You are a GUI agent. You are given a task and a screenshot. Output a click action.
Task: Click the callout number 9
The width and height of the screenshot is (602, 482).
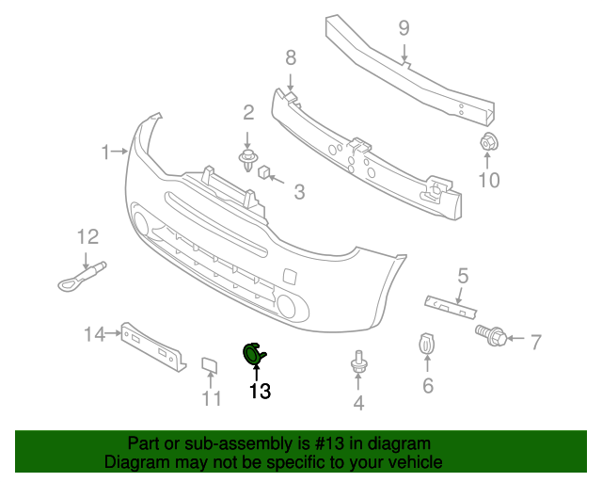click(404, 28)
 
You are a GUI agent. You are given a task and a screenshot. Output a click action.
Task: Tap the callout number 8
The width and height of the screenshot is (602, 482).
click(291, 57)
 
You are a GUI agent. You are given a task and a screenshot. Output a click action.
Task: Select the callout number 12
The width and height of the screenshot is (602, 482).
click(87, 236)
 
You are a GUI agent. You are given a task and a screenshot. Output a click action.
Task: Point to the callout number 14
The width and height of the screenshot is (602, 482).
click(93, 333)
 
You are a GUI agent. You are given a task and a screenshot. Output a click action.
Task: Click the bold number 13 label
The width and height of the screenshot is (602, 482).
click(260, 391)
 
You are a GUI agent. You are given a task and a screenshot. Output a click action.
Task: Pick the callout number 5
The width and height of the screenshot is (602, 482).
click(463, 275)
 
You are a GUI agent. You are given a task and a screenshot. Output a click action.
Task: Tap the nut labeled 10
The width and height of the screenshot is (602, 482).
click(488, 144)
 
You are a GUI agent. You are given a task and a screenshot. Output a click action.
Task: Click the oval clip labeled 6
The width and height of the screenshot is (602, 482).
click(426, 345)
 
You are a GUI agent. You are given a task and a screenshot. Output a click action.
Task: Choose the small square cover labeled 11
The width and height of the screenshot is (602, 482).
click(210, 364)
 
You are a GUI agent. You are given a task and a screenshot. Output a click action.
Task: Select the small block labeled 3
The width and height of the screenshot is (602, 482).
click(264, 171)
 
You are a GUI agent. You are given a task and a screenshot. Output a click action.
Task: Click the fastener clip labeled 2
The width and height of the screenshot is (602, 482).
click(248, 157)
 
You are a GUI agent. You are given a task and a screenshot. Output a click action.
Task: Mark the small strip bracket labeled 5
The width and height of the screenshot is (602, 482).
click(452, 306)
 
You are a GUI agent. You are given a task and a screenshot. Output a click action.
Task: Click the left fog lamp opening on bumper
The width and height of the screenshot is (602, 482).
click(142, 223)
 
